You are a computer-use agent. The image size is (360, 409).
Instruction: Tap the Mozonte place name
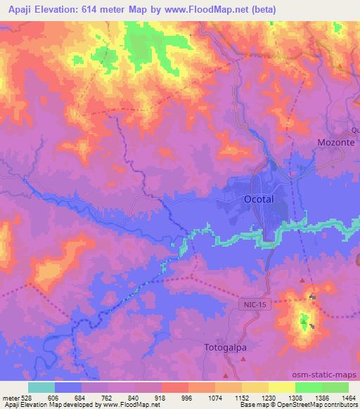(x=331, y=142)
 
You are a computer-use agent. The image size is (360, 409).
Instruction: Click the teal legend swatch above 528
(x=41, y=387)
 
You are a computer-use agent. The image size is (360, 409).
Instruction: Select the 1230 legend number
(x=255, y=397)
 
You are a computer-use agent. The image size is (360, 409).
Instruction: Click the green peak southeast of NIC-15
(x=304, y=323)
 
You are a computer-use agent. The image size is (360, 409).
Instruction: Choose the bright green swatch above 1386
(x=308, y=387)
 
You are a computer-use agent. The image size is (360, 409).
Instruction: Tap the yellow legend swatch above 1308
(x=281, y=387)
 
